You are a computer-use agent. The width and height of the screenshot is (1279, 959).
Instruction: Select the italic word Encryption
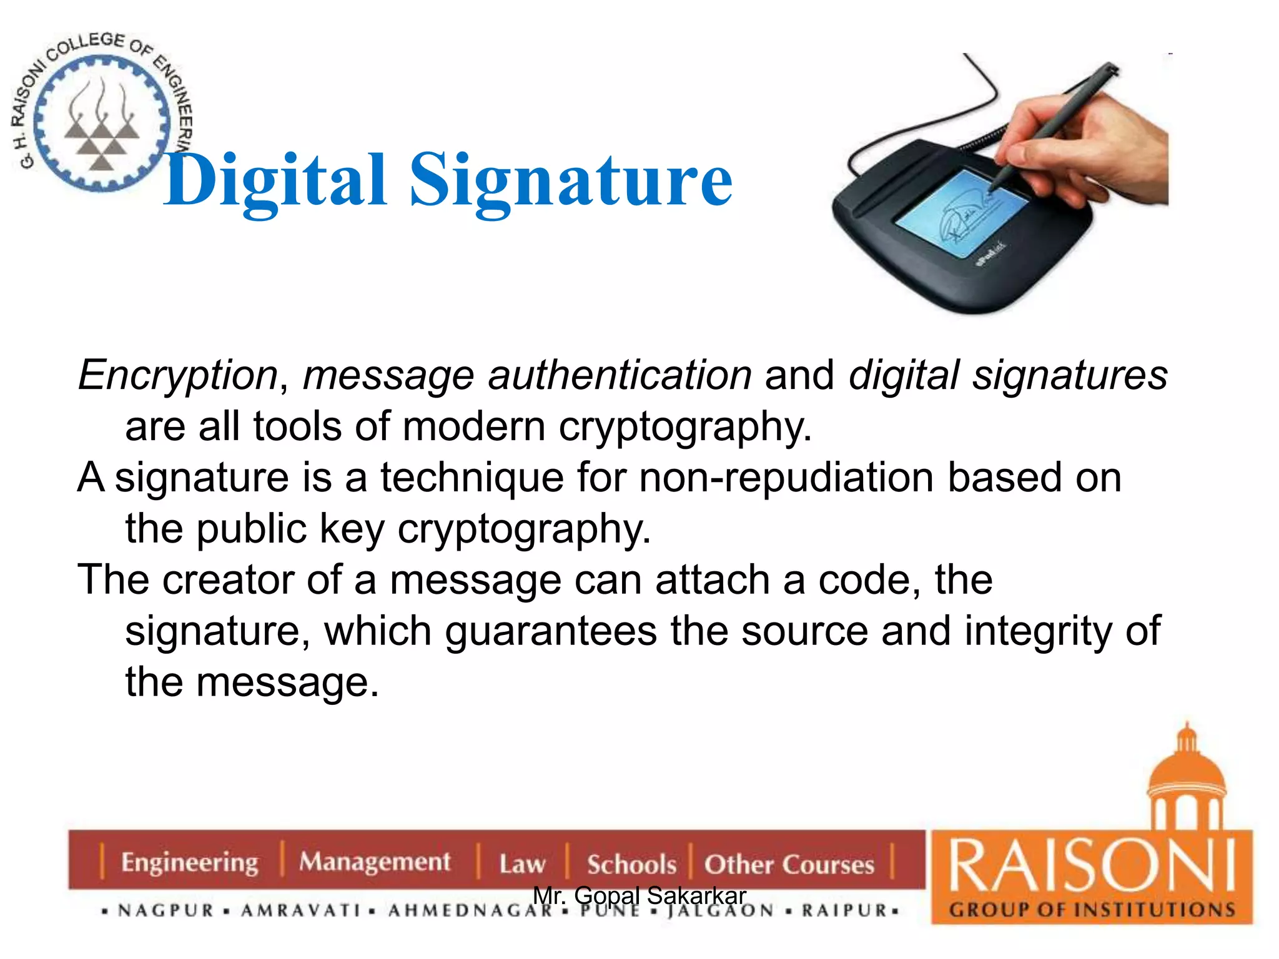(178, 375)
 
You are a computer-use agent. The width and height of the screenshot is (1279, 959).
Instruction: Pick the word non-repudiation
(786, 478)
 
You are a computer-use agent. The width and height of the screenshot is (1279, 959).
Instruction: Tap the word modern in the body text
(474, 427)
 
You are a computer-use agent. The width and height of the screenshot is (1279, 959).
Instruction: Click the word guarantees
(550, 631)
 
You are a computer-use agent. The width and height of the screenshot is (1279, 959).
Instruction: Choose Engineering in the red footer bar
(189, 862)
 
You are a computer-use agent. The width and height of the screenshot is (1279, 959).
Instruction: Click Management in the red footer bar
(374, 862)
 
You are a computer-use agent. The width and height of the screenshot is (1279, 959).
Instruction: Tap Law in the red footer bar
(522, 864)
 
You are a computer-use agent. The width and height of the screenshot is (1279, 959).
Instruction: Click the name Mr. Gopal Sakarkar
(639, 895)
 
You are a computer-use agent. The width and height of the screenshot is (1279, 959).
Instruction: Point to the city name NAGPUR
(166, 910)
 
